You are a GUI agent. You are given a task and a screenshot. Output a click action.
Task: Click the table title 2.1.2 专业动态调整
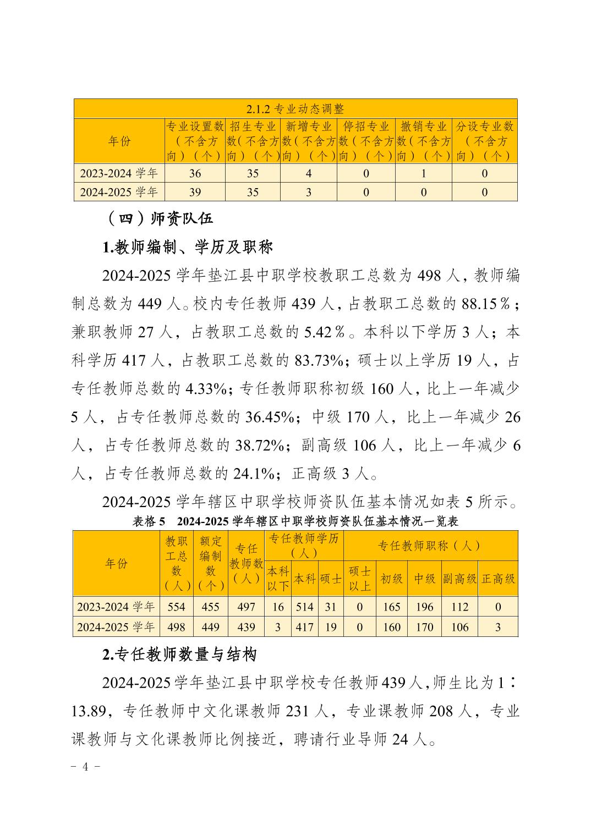point(295,109)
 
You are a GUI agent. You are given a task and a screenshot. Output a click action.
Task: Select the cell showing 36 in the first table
point(195,174)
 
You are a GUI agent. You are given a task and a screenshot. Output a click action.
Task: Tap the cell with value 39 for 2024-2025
point(195,192)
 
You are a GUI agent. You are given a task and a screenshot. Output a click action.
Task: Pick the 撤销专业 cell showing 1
point(423,174)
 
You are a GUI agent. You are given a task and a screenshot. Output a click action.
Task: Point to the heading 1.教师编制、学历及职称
point(187,247)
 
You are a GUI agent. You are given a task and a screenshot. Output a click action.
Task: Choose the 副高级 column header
point(459,579)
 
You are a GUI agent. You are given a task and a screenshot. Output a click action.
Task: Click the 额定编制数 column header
point(210,563)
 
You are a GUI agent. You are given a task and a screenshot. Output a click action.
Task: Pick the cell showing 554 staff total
point(176,607)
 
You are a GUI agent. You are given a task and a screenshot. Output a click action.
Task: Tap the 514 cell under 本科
point(304,607)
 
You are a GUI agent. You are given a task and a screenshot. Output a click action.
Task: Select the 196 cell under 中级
point(424,607)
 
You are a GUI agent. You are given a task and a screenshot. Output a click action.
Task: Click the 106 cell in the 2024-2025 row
point(459,627)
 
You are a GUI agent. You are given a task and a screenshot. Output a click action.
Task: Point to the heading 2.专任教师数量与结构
point(179,654)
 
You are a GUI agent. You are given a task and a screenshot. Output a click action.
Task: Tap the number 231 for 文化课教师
point(298,712)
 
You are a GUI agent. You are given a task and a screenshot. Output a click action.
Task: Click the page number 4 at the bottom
point(85,767)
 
